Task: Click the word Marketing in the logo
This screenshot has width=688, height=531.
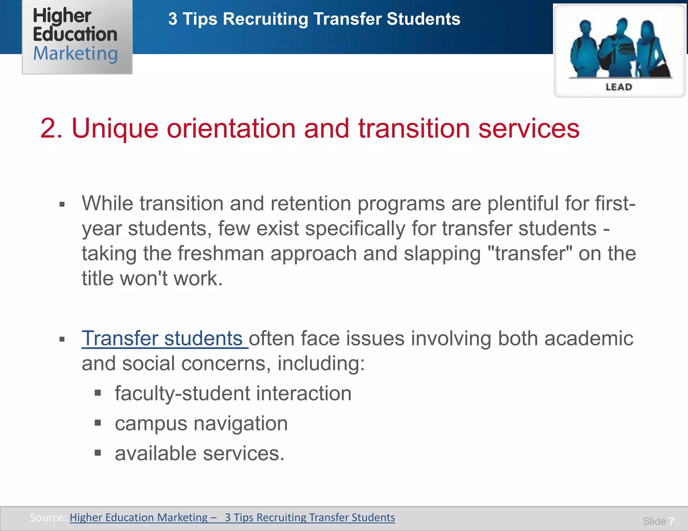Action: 75,54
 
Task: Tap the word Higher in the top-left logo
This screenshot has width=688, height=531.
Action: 62,16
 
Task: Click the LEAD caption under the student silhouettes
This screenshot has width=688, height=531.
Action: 619,87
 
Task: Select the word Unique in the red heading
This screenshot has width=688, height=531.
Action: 115,129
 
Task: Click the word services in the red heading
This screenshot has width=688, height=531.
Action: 529,129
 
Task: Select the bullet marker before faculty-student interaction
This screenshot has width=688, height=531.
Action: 98,393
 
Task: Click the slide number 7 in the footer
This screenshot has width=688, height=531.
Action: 672,521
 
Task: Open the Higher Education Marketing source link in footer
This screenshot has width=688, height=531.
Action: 232,518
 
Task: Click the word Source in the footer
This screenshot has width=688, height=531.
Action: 47,518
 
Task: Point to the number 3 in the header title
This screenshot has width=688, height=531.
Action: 173,19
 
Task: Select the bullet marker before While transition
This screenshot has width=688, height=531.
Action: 62,204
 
